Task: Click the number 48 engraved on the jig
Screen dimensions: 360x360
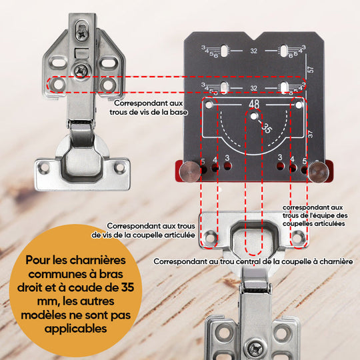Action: [254, 105]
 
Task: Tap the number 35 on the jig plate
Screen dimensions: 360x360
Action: [268, 129]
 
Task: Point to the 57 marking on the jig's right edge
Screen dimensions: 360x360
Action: [311, 69]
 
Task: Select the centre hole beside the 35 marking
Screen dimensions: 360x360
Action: [253, 117]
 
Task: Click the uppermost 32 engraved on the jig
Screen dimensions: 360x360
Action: [254, 51]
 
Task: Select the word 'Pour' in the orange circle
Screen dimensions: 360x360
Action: [38, 261]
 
